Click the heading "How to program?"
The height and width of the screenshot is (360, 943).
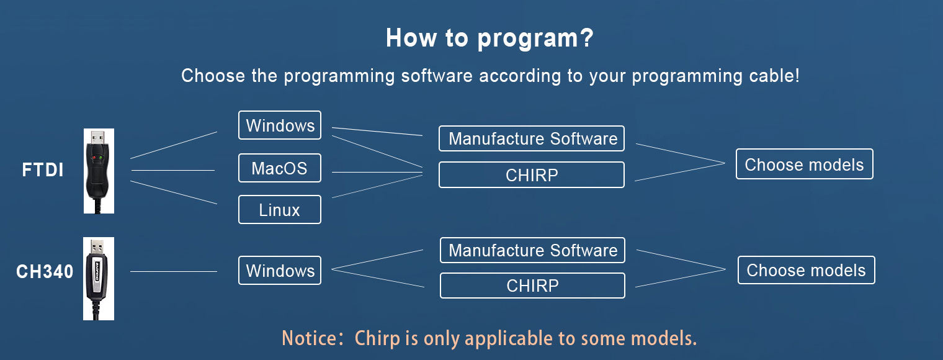pyautogui.click(x=489, y=38)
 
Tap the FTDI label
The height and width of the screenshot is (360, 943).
pyautogui.click(x=43, y=170)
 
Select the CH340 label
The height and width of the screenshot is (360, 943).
pyautogui.click(x=45, y=272)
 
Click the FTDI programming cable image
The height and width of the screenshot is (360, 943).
pyautogui.click(x=99, y=171)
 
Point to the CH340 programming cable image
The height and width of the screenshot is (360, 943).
pyautogui.click(x=99, y=278)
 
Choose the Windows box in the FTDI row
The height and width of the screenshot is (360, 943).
pyautogui.click(x=280, y=125)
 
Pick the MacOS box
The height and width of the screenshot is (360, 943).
pyautogui.click(x=280, y=168)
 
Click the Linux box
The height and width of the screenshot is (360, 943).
pyautogui.click(x=280, y=210)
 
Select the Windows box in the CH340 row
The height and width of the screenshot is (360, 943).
pyautogui.click(x=280, y=271)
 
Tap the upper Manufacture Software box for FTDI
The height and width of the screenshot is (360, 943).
pyautogui.click(x=532, y=138)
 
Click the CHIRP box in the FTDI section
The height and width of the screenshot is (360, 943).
pyautogui.click(x=532, y=175)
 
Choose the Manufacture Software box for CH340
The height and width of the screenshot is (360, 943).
pyautogui.click(x=532, y=250)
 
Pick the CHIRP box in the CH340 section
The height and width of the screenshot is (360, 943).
pyautogui.click(x=532, y=286)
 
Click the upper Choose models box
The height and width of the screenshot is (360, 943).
pyautogui.click(x=804, y=164)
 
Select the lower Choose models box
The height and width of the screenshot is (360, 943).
pyautogui.click(x=806, y=270)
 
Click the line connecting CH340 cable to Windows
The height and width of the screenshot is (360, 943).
pyautogui.click(x=174, y=271)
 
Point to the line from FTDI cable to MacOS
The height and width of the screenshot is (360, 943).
pyautogui.click(x=173, y=169)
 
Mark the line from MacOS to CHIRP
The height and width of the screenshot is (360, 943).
pyautogui.click(x=377, y=172)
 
